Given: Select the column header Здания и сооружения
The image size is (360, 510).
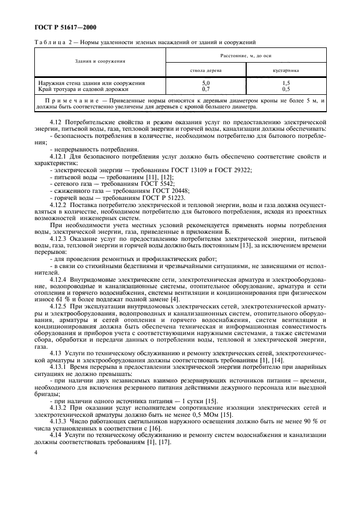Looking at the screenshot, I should [100, 62].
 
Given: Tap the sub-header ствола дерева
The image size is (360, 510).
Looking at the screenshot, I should [205, 70].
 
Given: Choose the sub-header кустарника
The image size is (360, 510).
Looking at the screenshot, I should [286, 70].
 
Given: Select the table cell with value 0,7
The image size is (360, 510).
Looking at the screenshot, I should [206, 88].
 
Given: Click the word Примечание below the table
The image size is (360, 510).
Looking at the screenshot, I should [73, 101].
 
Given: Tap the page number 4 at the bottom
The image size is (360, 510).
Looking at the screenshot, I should [35, 452].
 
